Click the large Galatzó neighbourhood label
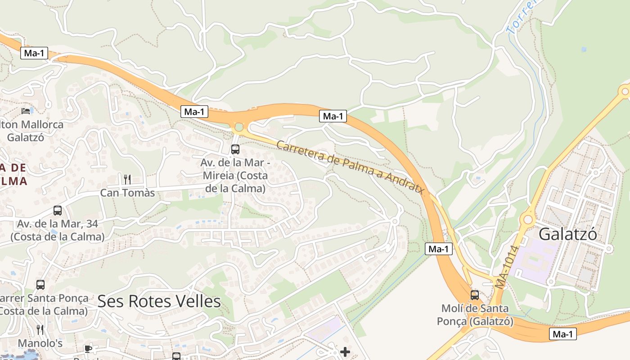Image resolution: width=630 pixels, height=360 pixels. (x=567, y=234)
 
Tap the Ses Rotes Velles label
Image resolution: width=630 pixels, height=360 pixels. (x=159, y=301)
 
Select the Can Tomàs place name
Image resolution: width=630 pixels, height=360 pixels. (x=127, y=193)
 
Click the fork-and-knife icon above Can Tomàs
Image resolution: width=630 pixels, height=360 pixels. (x=127, y=179)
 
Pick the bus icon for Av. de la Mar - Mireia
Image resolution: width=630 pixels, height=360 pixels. (x=235, y=149)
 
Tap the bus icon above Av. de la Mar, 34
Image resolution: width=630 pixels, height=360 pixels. (x=58, y=210)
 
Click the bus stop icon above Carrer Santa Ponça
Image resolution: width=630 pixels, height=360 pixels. (x=40, y=284)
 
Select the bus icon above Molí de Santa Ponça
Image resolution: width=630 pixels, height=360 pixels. (x=474, y=295)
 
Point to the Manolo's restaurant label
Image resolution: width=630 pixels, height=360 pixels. (x=40, y=343)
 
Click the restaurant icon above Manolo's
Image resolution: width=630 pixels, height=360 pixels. (x=40, y=329)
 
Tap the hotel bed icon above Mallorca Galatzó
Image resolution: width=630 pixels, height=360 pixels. (x=26, y=110)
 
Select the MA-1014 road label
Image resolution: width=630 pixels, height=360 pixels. (x=507, y=267)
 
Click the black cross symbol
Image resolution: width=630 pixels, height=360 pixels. (x=345, y=351)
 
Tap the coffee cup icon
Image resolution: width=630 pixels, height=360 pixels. (x=88, y=349)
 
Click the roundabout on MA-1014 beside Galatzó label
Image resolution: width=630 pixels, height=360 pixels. (x=527, y=220)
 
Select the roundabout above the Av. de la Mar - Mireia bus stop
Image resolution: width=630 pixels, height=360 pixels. (x=239, y=127)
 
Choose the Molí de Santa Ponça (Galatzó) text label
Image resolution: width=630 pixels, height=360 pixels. (x=475, y=315)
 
